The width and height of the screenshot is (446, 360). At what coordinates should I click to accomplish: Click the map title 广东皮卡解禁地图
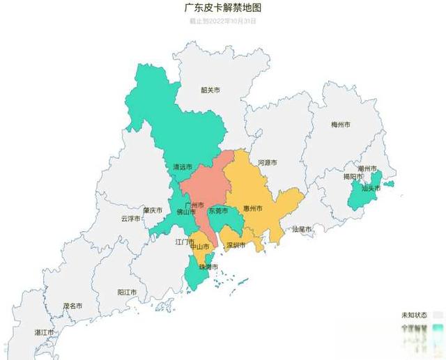click(223, 8)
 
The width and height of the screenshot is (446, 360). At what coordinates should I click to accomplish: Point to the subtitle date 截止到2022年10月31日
click(223, 21)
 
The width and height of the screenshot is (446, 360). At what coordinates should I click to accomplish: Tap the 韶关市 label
click(210, 90)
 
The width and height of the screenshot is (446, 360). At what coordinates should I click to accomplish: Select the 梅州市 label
click(341, 125)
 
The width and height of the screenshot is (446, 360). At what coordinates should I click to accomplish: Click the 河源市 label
click(267, 162)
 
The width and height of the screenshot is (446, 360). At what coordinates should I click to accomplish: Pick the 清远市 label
click(183, 167)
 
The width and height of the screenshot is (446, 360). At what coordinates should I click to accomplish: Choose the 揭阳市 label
click(353, 177)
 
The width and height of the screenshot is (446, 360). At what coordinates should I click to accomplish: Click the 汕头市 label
click(370, 188)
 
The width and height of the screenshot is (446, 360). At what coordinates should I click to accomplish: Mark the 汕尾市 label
click(302, 228)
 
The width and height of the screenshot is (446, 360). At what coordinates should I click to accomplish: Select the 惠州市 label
click(252, 208)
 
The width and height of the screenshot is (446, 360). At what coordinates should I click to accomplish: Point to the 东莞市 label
click(217, 210)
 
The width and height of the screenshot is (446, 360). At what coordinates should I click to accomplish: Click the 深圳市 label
click(236, 245)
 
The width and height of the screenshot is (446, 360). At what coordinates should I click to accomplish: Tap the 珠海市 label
click(209, 267)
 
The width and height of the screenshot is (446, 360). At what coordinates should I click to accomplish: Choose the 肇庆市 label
click(152, 210)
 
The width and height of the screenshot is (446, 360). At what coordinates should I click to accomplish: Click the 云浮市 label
click(130, 218)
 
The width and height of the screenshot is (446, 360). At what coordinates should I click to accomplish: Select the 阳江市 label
click(127, 292)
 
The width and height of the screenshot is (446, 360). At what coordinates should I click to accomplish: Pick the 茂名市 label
click(72, 306)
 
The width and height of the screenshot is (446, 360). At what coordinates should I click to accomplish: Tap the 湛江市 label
click(45, 333)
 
